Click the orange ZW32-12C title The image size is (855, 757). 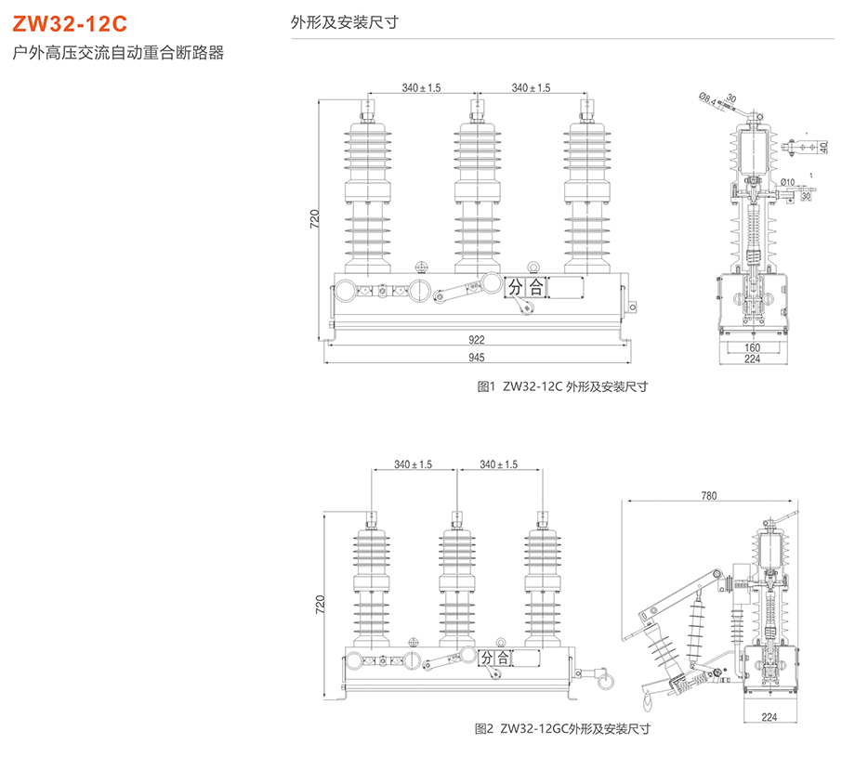point(63,24)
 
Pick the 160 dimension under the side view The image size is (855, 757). point(754,348)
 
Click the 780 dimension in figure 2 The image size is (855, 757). point(708,497)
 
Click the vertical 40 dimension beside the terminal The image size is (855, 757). point(823,148)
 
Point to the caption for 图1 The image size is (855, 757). point(561,386)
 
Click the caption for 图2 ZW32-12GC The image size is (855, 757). point(562,728)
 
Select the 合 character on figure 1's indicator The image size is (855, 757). point(536,288)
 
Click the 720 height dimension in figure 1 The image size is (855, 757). point(315,219)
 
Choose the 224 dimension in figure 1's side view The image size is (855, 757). point(754,359)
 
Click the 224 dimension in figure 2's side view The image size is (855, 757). point(769,716)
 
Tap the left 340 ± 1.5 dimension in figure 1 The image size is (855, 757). point(422,87)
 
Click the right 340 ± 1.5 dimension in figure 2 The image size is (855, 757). point(499,464)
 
